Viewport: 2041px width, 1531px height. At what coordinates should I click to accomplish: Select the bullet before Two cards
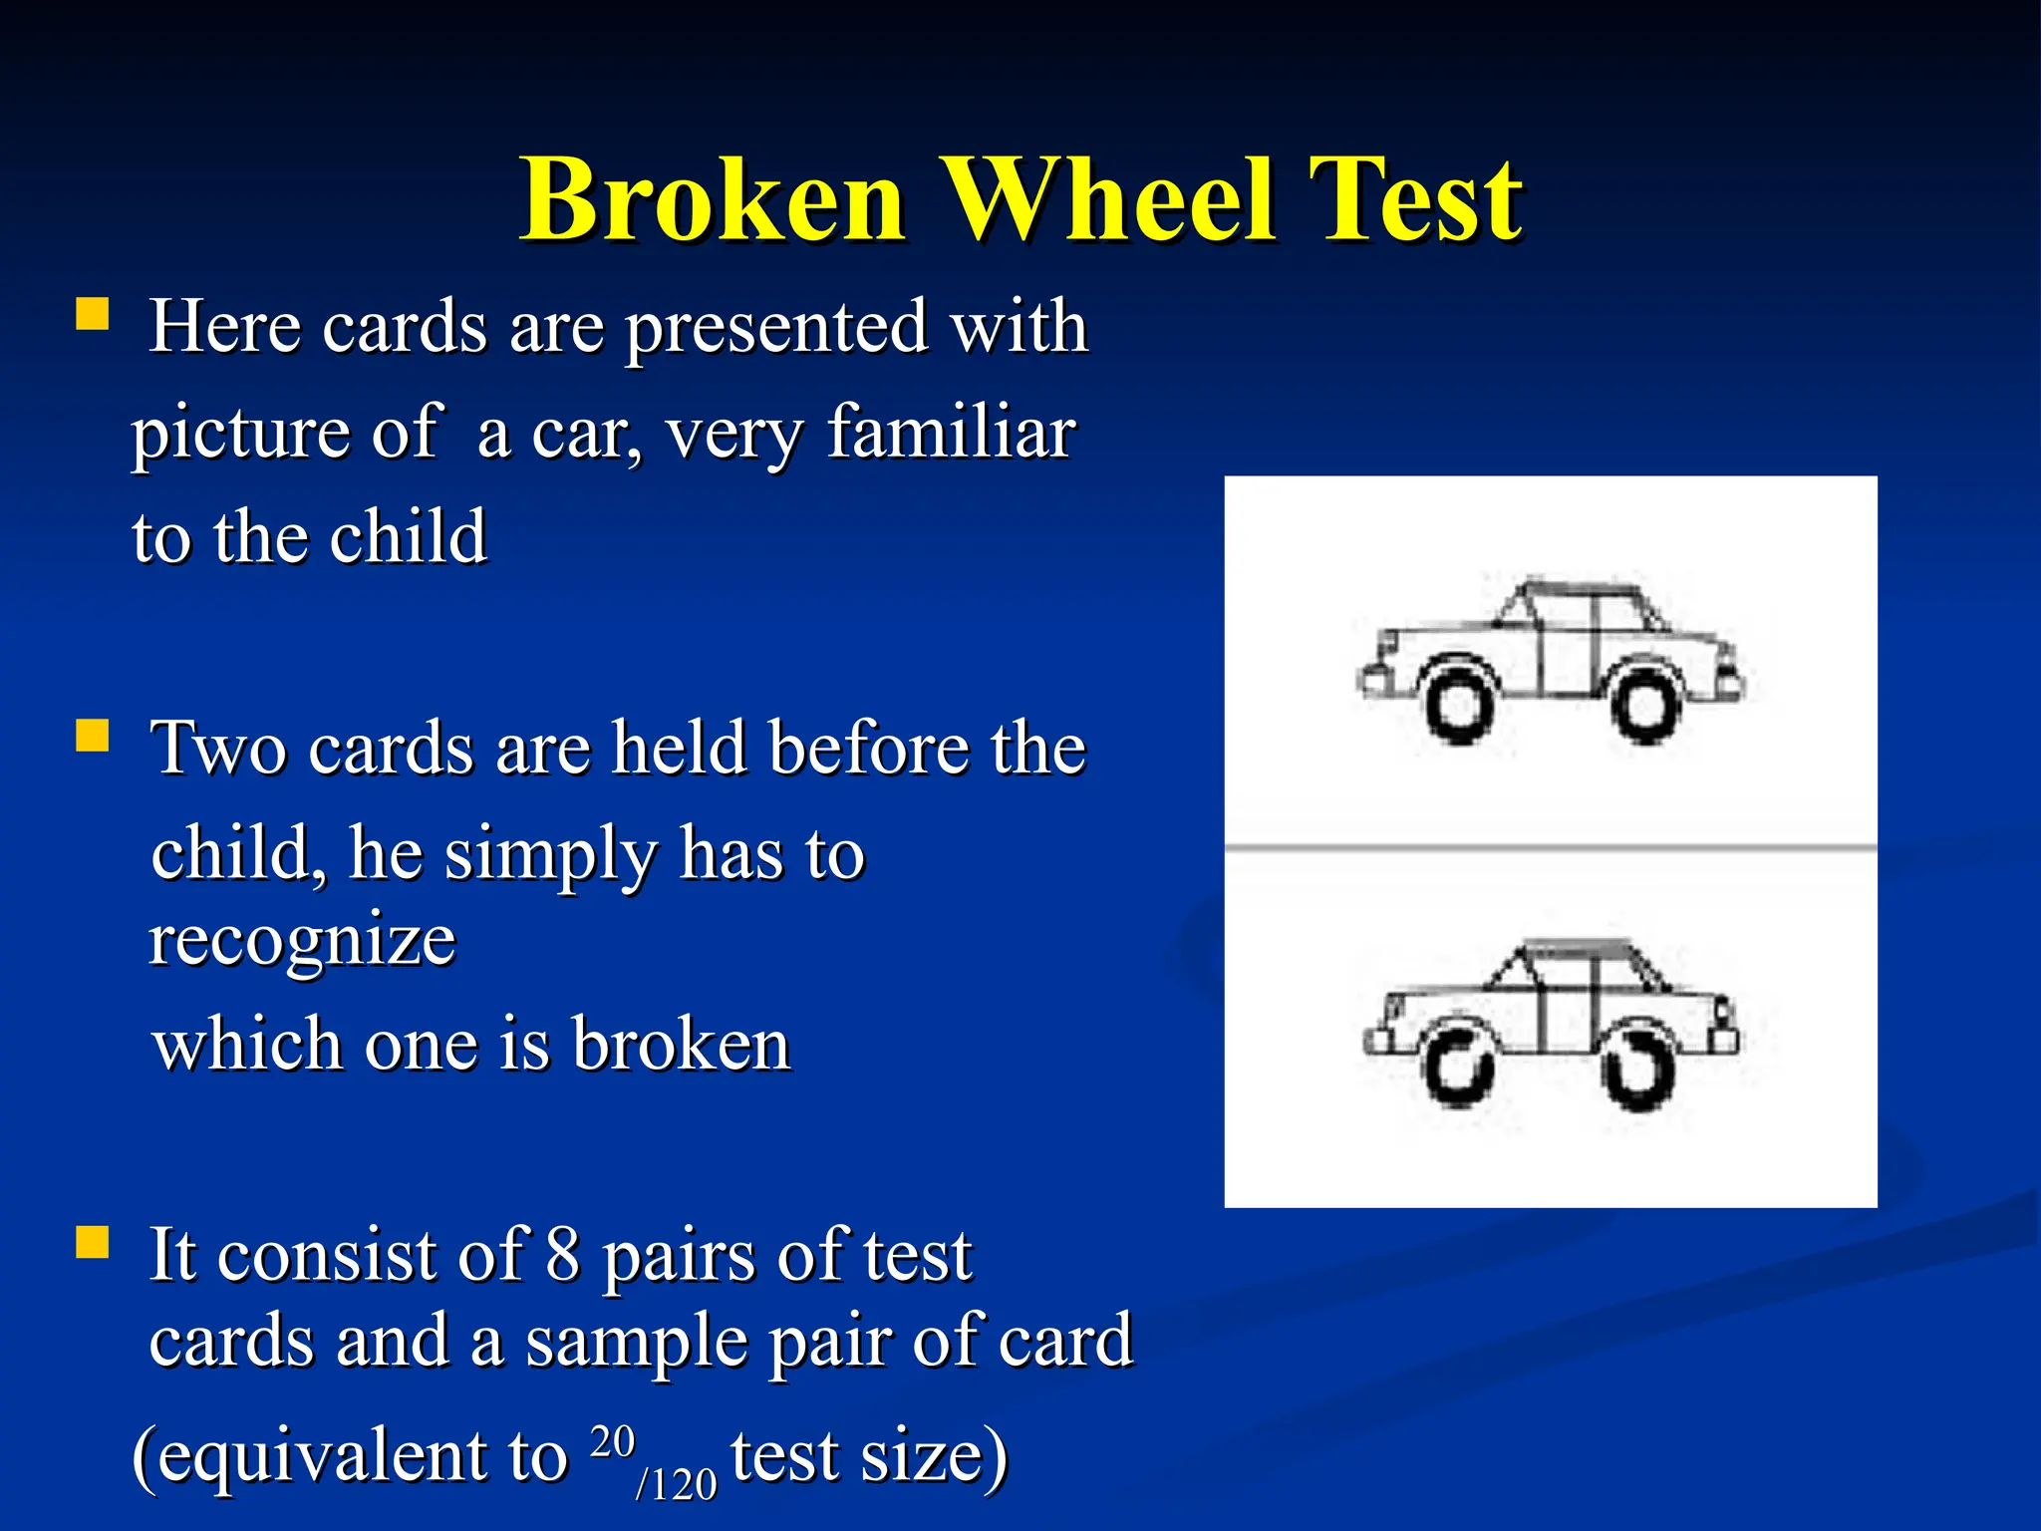tap(92, 737)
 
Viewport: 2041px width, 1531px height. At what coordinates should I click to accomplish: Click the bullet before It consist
tap(92, 1243)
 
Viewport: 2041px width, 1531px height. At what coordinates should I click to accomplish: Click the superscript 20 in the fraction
tap(612, 1441)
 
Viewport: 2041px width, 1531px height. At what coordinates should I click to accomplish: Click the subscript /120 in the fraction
tap(676, 1484)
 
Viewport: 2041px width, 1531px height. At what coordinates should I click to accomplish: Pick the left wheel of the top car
tap(1459, 706)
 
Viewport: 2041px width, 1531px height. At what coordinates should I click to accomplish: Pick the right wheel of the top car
tap(1645, 706)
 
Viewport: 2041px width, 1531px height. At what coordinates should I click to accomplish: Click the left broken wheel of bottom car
tap(1458, 1071)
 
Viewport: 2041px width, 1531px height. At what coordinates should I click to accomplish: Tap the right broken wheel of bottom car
tap(1638, 1071)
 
